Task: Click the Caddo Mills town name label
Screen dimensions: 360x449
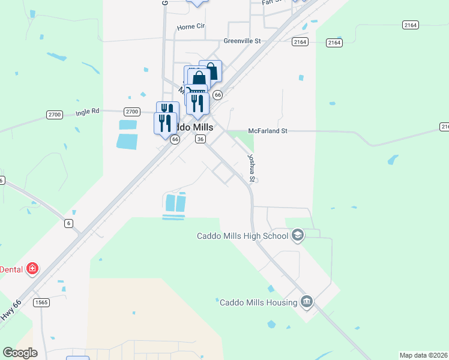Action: (192, 127)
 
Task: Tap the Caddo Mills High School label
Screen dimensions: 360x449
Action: (243, 236)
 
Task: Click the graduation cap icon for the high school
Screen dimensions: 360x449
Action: (297, 236)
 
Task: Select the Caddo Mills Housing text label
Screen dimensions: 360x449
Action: (259, 302)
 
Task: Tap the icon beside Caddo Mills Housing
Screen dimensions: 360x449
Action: (307, 301)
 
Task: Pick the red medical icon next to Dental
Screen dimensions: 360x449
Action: (32, 269)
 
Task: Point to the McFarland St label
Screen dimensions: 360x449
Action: (268, 130)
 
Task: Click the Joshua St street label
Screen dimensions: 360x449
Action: (252, 167)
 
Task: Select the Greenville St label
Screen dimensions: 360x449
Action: (242, 41)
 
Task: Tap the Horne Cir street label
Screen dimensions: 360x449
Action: (191, 27)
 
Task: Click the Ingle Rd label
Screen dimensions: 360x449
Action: (87, 112)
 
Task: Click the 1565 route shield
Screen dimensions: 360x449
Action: (41, 302)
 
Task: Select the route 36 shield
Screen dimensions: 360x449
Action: (200, 139)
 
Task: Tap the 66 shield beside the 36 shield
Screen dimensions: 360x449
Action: (175, 139)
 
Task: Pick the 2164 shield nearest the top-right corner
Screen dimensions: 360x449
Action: (411, 25)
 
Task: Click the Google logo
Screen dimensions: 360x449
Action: (20, 353)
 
